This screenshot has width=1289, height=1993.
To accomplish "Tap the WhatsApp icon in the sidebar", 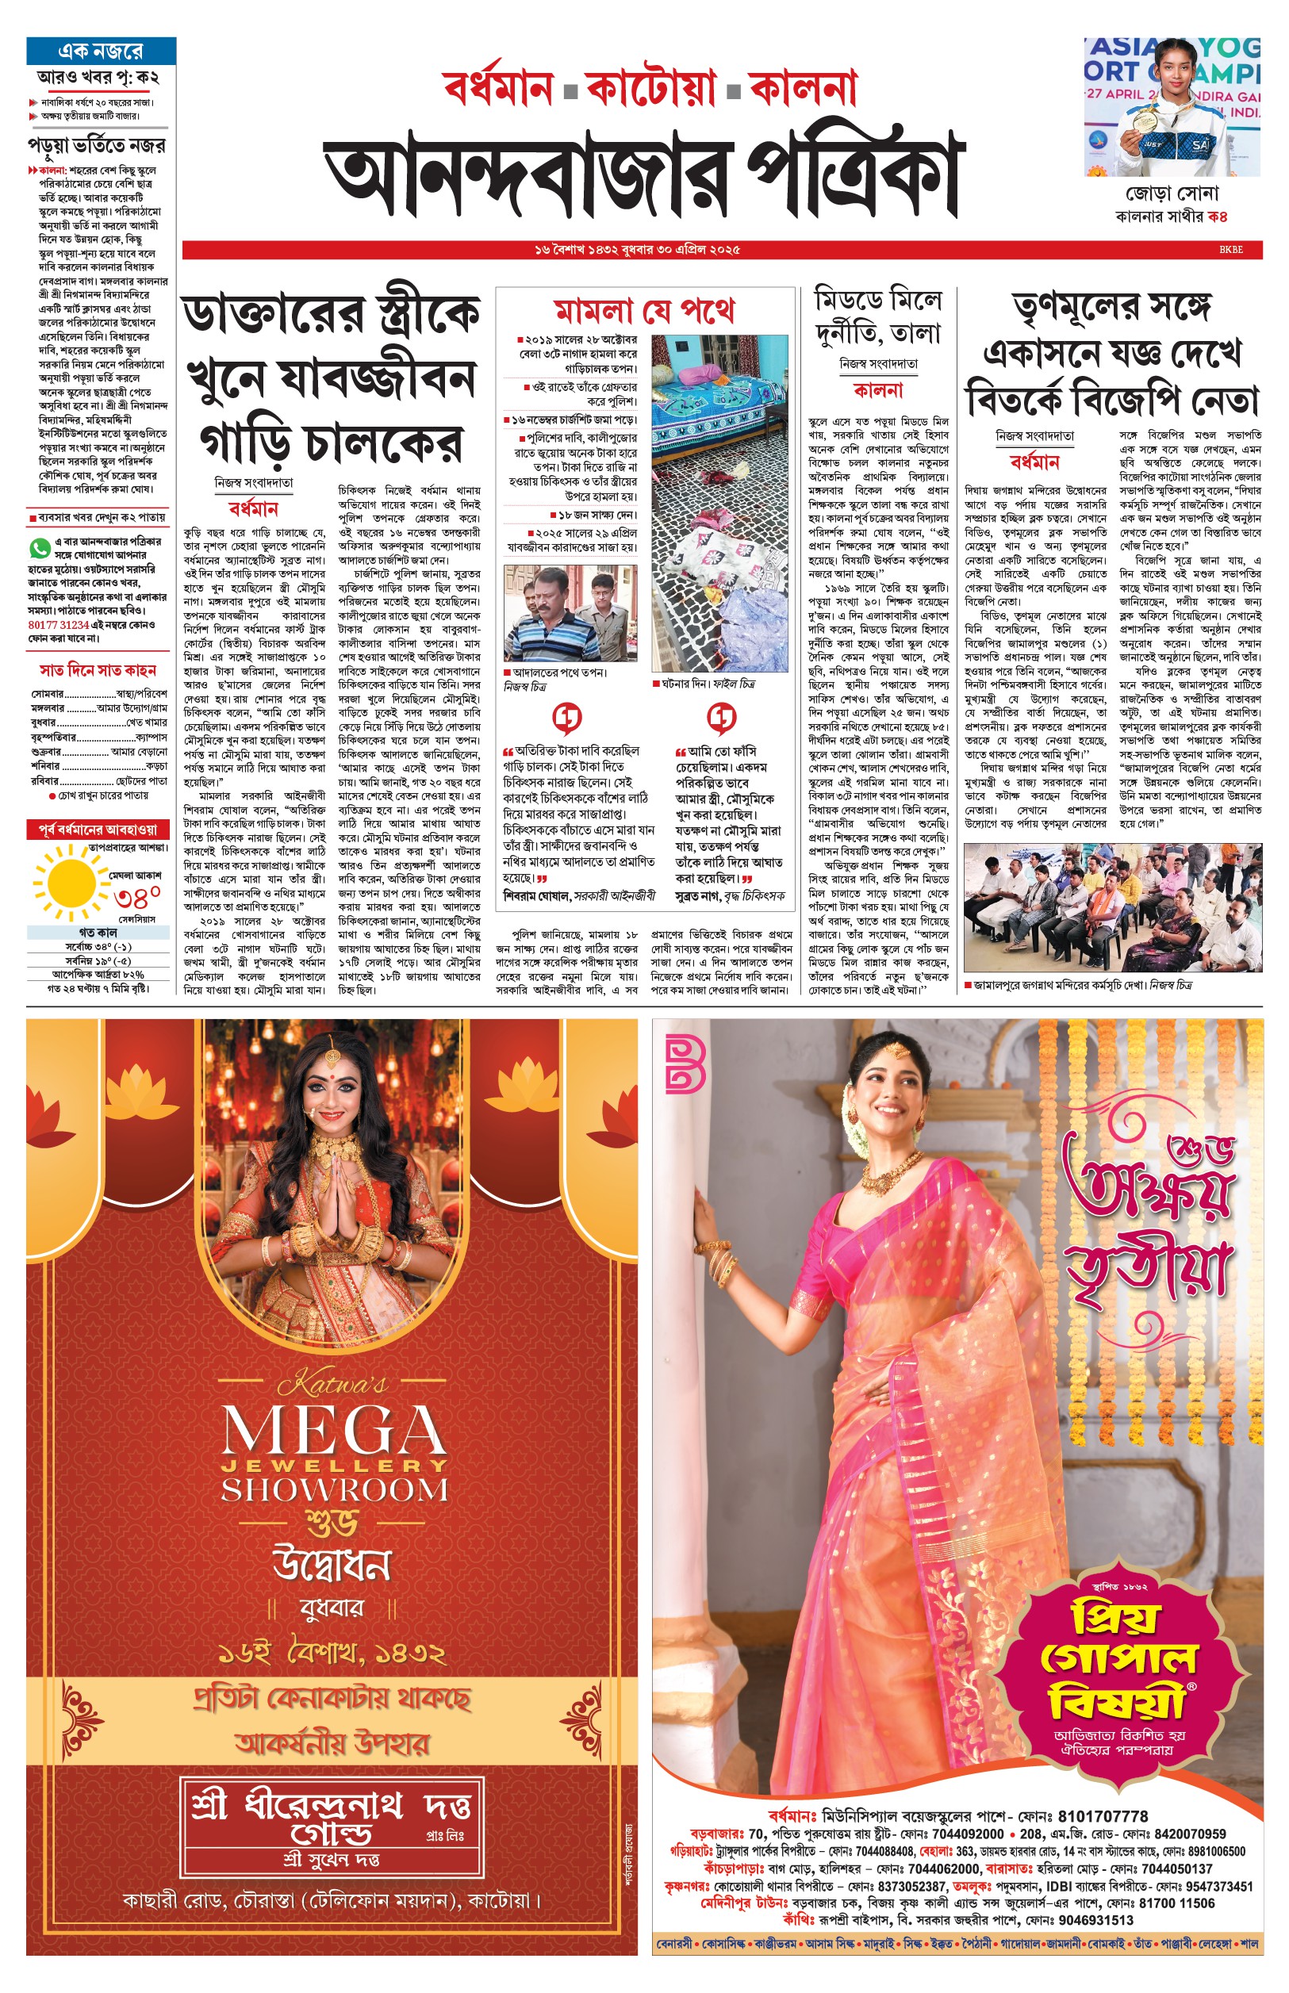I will (39, 548).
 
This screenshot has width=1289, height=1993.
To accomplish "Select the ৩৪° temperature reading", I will (137, 897).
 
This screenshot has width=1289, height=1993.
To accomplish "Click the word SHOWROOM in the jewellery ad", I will (334, 1490).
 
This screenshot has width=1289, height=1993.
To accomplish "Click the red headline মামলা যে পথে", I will (643, 311).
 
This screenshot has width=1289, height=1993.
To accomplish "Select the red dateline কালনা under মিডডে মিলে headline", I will (878, 390).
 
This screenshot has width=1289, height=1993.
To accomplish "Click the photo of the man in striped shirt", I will (570, 613).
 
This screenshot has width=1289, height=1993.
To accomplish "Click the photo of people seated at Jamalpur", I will (1112, 907).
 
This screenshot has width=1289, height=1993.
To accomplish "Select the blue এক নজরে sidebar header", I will (101, 51).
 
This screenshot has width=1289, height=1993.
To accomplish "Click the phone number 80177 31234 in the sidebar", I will (59, 624).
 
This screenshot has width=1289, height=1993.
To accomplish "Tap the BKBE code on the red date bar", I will (1230, 249).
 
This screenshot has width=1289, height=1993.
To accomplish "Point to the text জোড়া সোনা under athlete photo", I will (1171, 194).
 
